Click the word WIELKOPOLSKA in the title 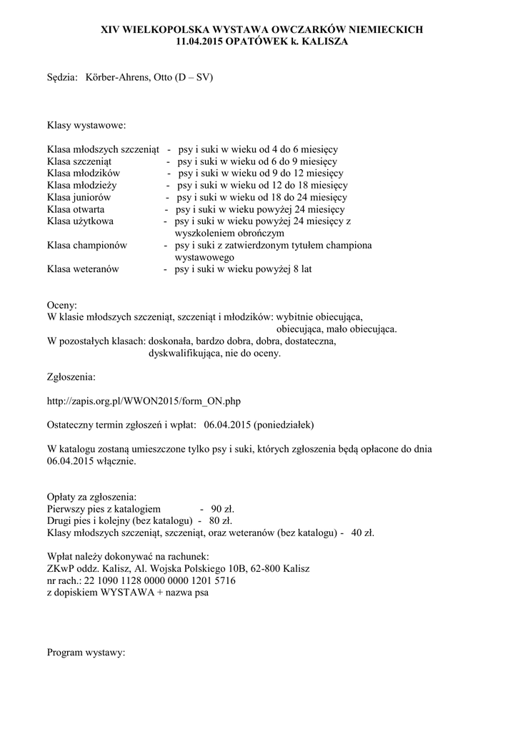pyautogui.click(x=156, y=29)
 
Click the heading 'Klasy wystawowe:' pyautogui.click(x=86, y=126)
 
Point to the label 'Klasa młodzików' pyautogui.click(x=84, y=173)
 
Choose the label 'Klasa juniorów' pyautogui.click(x=79, y=197)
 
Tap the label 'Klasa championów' pyautogui.click(x=86, y=246)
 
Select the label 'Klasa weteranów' pyautogui.click(x=82, y=270)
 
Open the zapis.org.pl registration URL pyautogui.click(x=149, y=400)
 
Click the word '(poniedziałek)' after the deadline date pyautogui.click(x=279, y=425)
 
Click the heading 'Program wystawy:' pyautogui.click(x=86, y=652)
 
